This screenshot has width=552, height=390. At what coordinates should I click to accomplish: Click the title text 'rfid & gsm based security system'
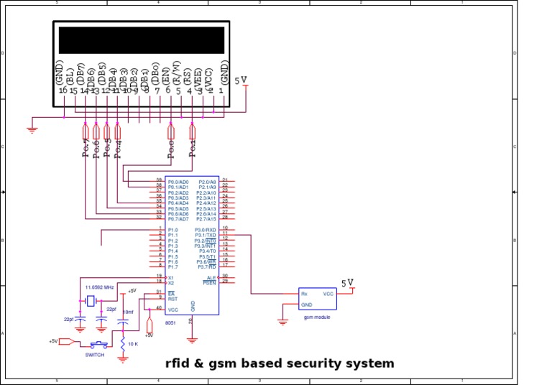click(x=280, y=363)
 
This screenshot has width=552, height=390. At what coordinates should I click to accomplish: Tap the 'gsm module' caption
click(x=317, y=317)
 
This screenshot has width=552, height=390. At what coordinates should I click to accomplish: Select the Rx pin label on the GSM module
click(x=305, y=294)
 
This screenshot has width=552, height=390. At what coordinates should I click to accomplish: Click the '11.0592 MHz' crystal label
click(x=100, y=287)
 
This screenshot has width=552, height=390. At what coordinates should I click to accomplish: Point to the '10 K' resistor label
click(x=133, y=344)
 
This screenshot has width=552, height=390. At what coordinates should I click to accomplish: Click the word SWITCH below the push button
click(x=95, y=355)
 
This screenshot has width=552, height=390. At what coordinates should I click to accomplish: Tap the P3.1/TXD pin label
click(x=206, y=235)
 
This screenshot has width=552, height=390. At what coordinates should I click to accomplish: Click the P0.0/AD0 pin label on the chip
click(x=178, y=182)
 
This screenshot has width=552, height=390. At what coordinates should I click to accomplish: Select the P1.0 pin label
click(x=173, y=230)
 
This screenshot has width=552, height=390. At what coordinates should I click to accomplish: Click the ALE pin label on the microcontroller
click(x=211, y=277)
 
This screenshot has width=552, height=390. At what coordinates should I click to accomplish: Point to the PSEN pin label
click(x=209, y=283)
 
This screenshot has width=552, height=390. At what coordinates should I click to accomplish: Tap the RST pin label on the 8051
click(x=172, y=299)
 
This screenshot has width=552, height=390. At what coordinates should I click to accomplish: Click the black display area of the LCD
click(x=141, y=40)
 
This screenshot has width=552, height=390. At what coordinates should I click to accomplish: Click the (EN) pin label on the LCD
click(x=167, y=75)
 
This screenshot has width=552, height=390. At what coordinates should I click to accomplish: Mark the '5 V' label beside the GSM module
click(x=347, y=284)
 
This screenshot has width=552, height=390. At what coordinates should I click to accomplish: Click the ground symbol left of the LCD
click(x=32, y=130)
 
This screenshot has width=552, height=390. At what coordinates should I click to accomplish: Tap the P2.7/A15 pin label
click(x=207, y=219)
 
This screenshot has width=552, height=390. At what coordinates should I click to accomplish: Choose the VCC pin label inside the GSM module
click(x=328, y=294)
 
